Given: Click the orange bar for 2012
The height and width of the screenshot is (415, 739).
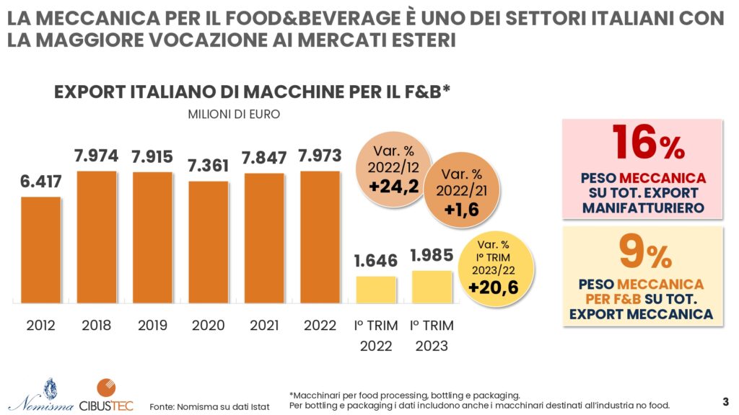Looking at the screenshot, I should tap(40, 249).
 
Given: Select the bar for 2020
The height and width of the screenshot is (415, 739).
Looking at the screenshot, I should tap(209, 242).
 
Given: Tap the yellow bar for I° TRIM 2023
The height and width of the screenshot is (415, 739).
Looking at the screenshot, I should tap(432, 287).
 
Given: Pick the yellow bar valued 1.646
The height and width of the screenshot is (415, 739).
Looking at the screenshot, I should tap(376, 290).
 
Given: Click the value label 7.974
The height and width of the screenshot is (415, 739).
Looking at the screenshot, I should tap(97, 156).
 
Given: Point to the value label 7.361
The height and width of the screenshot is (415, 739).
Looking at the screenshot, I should tap(209, 165).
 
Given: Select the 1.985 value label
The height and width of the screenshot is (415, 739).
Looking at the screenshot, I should tap(432, 255).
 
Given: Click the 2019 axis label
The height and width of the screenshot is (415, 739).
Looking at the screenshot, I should tap(152, 326).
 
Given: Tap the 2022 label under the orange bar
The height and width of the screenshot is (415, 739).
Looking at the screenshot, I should tap(320, 326).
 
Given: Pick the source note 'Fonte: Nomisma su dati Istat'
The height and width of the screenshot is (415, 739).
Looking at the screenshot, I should tap(209, 406).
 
